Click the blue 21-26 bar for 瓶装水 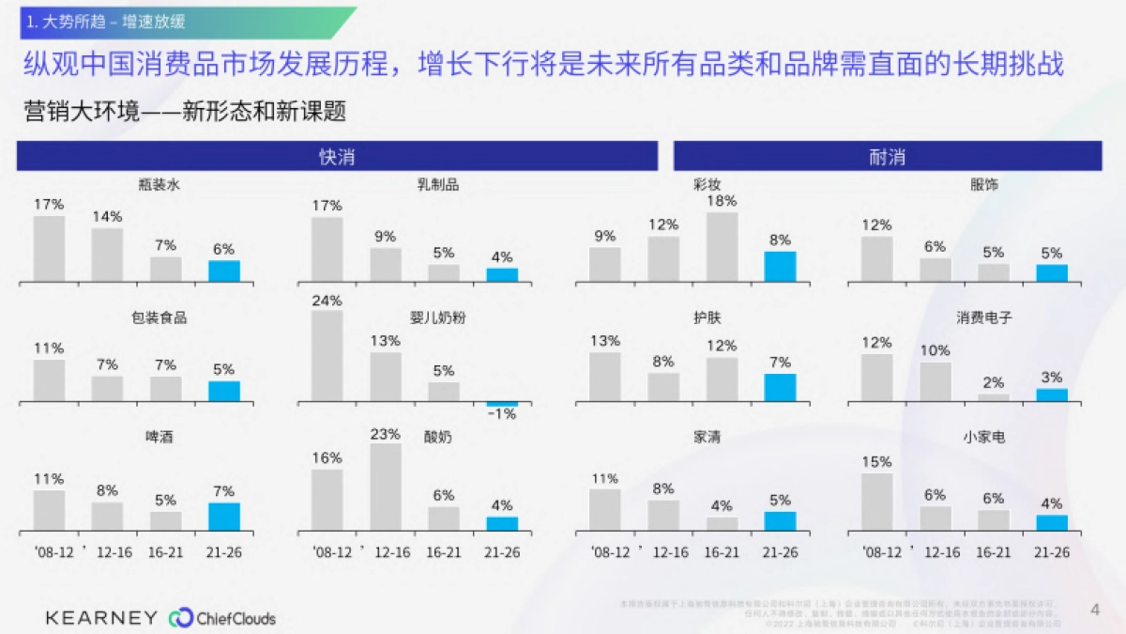(223, 271)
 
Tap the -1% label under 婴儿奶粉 (502, 414)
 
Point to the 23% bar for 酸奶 (385, 487)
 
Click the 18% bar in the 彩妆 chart (723, 246)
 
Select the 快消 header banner (337, 157)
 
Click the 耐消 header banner (887, 157)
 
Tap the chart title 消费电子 (984, 318)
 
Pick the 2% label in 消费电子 (994, 382)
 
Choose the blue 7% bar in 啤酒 (223, 517)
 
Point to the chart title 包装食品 (160, 318)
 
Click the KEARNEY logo (101, 617)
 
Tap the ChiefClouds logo (222, 618)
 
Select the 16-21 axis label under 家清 (722, 552)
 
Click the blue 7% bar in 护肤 (780, 387)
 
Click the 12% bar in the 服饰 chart (876, 258)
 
